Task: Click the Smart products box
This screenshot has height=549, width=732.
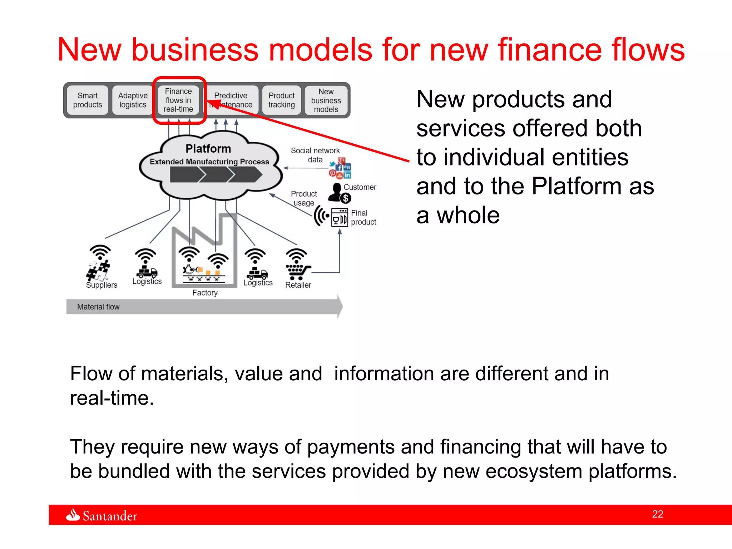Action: tap(87, 100)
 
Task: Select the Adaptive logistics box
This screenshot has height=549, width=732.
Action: tap(133, 100)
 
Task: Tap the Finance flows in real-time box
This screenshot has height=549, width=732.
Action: tap(178, 100)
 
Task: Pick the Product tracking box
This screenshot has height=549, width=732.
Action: tap(281, 100)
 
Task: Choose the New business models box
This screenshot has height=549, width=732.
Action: tap(326, 100)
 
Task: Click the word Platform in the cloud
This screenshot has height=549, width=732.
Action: tap(208, 149)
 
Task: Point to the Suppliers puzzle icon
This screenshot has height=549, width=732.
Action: tap(98, 270)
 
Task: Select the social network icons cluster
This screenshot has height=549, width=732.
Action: tap(341, 169)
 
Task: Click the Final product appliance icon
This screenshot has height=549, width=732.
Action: tap(339, 217)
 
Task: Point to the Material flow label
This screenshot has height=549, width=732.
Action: tap(98, 307)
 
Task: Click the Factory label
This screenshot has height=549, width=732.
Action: tap(205, 293)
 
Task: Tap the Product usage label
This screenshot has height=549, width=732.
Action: tap(304, 198)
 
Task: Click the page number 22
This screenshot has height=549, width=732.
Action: tap(657, 514)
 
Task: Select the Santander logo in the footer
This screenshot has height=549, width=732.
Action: tap(102, 515)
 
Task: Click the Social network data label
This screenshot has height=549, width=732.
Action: tap(315, 155)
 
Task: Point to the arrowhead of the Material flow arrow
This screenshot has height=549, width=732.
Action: tap(339, 306)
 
